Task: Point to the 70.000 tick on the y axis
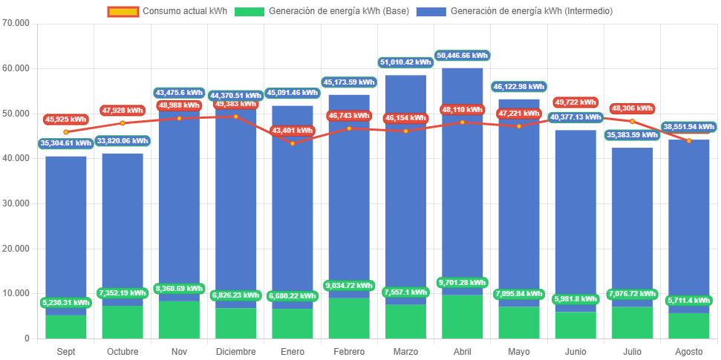[x=16, y=23]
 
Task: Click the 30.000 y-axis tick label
[x=16, y=203]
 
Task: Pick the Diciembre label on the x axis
[x=235, y=351]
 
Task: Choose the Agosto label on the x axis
[x=688, y=351]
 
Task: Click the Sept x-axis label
[x=66, y=351]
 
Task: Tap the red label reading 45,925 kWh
[x=66, y=120]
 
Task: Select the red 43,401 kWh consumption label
[x=292, y=131]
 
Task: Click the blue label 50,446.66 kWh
[x=463, y=56]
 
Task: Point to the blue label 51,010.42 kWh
[x=405, y=62]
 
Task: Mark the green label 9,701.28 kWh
[x=463, y=283]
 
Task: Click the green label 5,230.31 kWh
[x=66, y=303]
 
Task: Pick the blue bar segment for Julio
[x=632, y=223]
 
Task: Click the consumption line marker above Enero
[x=292, y=143]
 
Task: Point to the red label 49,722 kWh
[x=575, y=102]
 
